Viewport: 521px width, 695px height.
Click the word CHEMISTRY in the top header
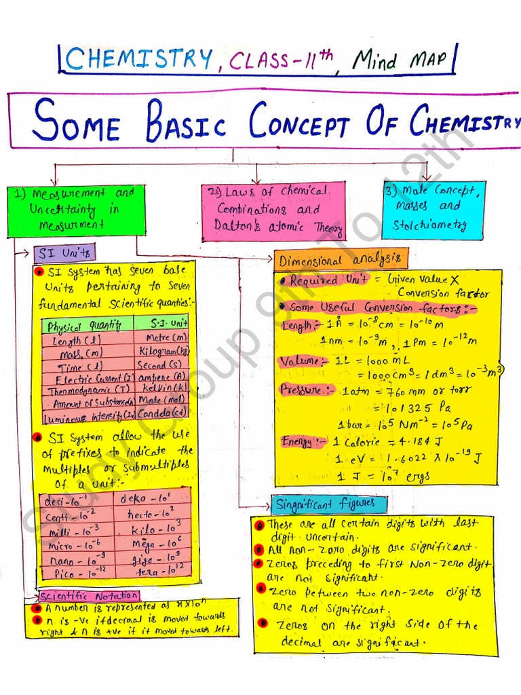[139, 60]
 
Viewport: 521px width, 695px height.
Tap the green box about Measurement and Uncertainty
[76, 210]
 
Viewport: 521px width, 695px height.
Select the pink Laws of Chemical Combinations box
[273, 210]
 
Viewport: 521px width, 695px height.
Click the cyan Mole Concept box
[433, 208]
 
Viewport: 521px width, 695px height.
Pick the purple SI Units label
[65, 253]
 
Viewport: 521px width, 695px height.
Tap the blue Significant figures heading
[330, 504]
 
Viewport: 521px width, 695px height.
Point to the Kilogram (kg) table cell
[162, 352]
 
